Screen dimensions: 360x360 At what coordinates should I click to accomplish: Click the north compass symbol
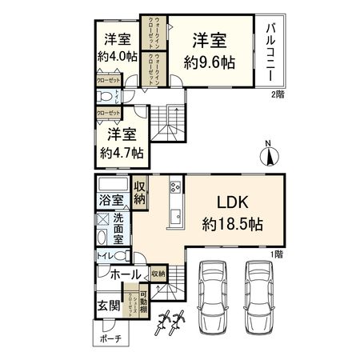coord(269,154)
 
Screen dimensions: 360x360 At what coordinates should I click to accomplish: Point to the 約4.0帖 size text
coord(118,57)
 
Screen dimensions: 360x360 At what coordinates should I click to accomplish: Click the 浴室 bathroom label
coord(112,200)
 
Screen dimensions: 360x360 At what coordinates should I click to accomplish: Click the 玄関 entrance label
coord(109,305)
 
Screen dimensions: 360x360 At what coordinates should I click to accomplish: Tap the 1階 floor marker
coord(278,254)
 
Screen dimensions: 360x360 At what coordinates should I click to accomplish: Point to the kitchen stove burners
coord(174,190)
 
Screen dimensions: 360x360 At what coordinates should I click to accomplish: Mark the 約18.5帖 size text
coord(234,225)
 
